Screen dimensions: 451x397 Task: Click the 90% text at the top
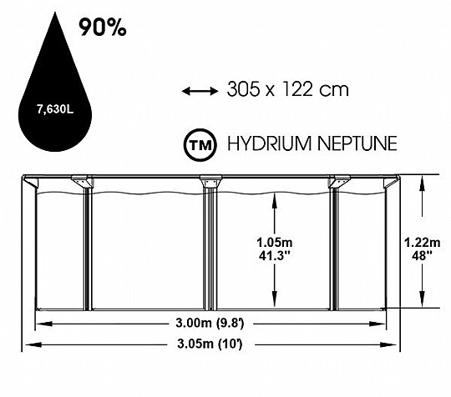point(103,28)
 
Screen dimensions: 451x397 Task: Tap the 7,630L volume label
point(55,109)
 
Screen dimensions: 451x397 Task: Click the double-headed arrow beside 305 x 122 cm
point(200,92)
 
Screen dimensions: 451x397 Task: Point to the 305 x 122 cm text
point(287,89)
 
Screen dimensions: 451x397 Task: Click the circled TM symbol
point(200,144)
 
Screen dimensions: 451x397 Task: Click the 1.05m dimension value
point(275,243)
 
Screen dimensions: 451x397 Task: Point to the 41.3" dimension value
point(275,255)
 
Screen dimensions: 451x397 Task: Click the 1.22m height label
point(423,243)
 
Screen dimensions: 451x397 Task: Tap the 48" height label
point(423,255)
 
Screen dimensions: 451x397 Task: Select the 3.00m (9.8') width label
point(210,324)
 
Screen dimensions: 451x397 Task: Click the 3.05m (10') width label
point(210,344)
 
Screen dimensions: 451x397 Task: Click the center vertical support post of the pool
point(210,249)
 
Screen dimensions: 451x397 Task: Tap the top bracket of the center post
point(210,181)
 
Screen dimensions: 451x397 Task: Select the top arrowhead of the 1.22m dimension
point(422,183)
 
